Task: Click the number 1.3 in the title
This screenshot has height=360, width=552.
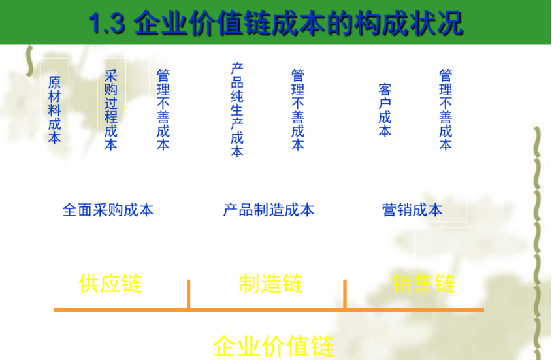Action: (106, 24)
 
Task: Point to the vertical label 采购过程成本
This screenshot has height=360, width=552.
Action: (110, 109)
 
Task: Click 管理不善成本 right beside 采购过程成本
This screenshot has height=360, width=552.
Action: (163, 109)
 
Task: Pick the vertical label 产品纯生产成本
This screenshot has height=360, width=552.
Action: (236, 110)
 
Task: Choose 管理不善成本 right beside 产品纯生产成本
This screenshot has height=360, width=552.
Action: (297, 109)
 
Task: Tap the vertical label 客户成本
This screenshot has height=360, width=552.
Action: (385, 110)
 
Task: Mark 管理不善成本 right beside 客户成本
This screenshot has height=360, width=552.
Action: (446, 109)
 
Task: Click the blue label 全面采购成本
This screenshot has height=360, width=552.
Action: (108, 210)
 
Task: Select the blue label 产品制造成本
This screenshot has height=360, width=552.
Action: (268, 210)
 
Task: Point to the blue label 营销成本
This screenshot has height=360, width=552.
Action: (412, 210)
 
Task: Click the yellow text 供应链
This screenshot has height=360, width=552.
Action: (110, 284)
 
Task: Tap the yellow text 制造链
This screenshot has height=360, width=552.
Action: (270, 284)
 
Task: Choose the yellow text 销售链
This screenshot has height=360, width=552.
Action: (423, 284)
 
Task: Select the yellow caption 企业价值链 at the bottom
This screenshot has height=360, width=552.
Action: (273, 346)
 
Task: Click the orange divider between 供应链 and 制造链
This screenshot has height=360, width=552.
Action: (188, 294)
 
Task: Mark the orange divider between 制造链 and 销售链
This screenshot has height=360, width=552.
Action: (345, 294)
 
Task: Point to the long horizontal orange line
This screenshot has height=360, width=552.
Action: (268, 309)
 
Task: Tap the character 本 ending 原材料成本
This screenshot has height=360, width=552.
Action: (54, 138)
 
